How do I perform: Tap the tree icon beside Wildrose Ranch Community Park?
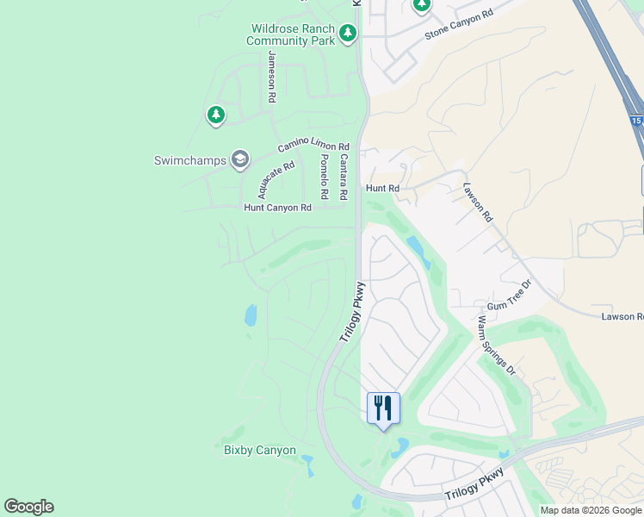click(x=348, y=34)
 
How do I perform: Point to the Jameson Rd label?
click(x=272, y=78)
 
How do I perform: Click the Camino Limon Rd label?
click(x=313, y=147)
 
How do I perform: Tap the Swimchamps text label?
click(x=189, y=160)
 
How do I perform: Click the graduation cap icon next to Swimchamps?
click(x=240, y=159)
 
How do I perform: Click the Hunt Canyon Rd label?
click(x=277, y=208)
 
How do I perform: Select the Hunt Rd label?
click(x=382, y=188)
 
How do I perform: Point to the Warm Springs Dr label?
click(x=496, y=346)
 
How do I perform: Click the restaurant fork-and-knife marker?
click(x=384, y=408)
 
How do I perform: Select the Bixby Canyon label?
click(x=260, y=451)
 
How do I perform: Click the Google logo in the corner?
click(x=28, y=507)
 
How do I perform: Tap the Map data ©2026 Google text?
click(x=591, y=510)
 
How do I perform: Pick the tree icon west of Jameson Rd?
click(x=215, y=115)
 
